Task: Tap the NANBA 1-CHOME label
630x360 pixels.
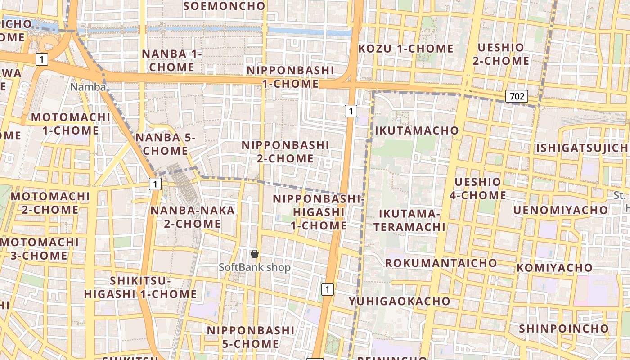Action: [172, 60]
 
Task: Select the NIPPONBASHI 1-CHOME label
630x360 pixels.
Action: [290, 77]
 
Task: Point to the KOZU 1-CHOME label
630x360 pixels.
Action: [406, 49]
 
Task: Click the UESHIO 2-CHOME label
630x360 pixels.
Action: [501, 54]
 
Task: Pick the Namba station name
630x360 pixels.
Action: [88, 87]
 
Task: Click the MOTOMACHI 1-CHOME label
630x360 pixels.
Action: [71, 124]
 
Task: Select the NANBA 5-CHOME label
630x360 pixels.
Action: [165, 144]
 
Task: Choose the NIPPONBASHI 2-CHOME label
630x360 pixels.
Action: [285, 152]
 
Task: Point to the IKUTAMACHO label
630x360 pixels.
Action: [417, 130]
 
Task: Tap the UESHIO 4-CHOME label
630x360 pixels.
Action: [478, 189]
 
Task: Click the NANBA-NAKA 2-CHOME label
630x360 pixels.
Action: [193, 217]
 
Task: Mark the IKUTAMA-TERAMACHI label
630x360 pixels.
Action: [412, 220]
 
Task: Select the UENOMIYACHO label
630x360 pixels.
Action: [561, 210]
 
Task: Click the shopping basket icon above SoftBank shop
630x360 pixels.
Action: [255, 254]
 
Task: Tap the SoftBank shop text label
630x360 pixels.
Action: [255, 267]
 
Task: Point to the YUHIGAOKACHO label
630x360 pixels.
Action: [400, 301]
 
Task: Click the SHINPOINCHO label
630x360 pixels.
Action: [564, 328]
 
